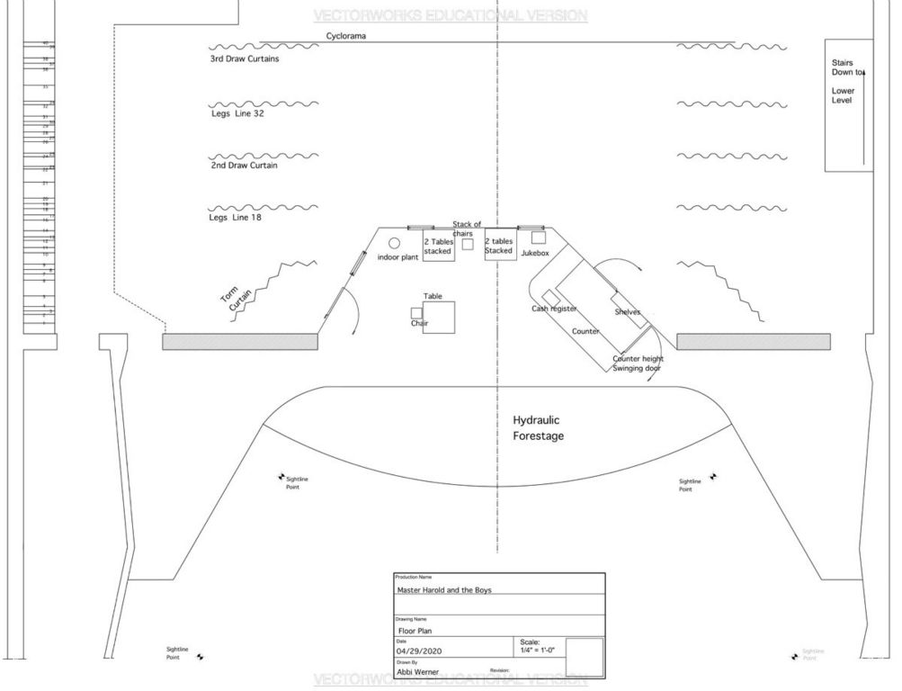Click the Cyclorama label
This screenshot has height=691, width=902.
pyautogui.click(x=346, y=37)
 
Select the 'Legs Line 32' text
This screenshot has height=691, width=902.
pyautogui.click(x=237, y=113)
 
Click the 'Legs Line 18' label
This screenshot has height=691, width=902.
pyautogui.click(x=236, y=218)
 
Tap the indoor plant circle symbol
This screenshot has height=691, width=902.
pyautogui.click(x=394, y=243)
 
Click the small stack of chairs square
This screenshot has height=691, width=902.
pyautogui.click(x=468, y=244)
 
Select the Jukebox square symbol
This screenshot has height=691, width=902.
pyautogui.click(x=538, y=238)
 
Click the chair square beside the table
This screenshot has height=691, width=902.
pyautogui.click(x=416, y=312)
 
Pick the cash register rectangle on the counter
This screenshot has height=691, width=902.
pyautogui.click(x=550, y=298)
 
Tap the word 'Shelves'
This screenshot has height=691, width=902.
pyautogui.click(x=627, y=312)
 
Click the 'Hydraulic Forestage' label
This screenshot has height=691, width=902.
pyautogui.click(x=538, y=427)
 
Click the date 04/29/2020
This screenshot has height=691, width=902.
pyautogui.click(x=421, y=650)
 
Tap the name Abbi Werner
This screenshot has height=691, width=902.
pyautogui.click(x=417, y=672)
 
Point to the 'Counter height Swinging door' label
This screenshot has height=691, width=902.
pyautogui.click(x=638, y=363)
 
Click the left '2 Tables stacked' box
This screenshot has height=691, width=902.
pyautogui.click(x=438, y=247)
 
